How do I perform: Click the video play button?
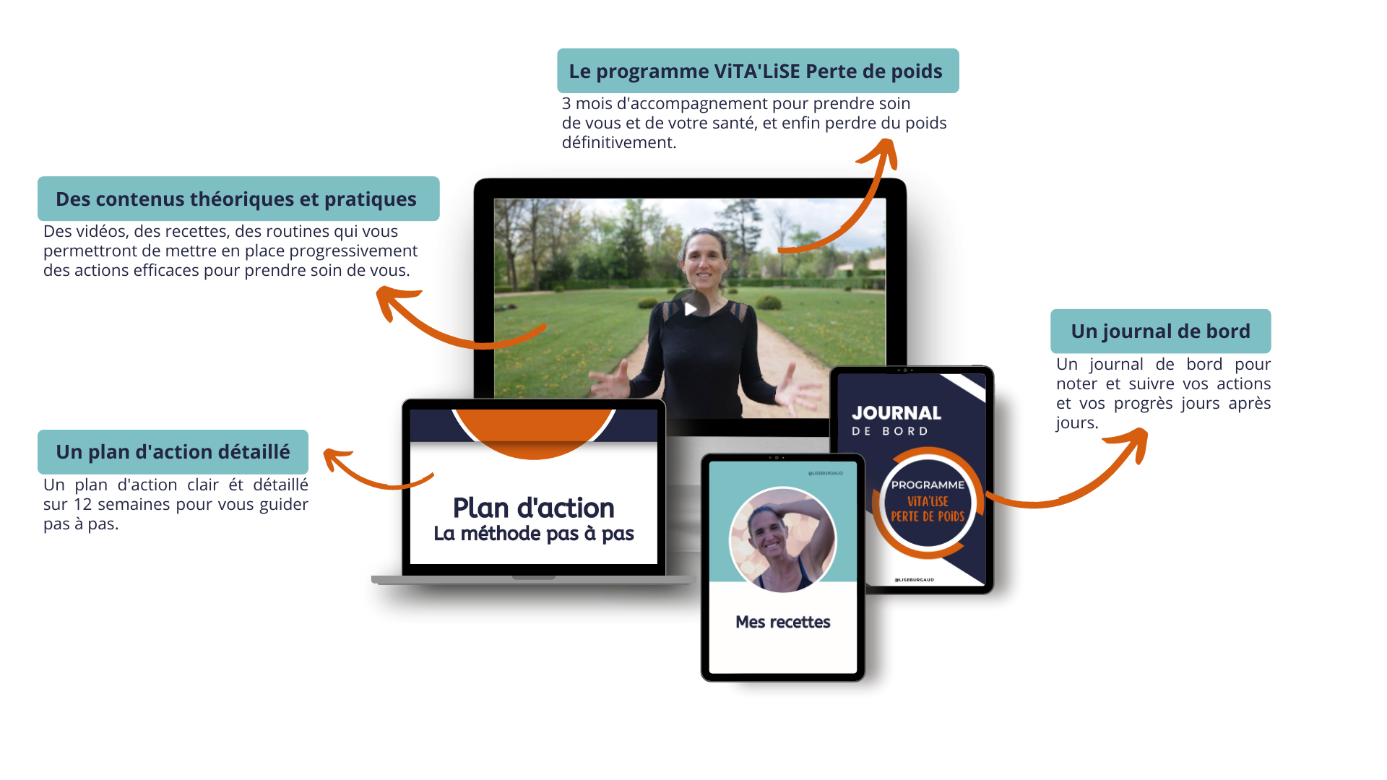[690, 309]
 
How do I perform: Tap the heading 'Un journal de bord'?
[1160, 331]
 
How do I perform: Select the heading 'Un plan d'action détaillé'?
[173, 452]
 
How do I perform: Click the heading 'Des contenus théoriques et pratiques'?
[236, 199]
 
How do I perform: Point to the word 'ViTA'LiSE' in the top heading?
[756, 71]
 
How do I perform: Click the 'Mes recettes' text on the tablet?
[782, 622]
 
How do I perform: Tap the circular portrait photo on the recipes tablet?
[782, 539]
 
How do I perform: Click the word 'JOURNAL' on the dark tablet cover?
[896, 413]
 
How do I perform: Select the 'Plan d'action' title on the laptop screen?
[533, 508]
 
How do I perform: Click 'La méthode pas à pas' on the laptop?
[533, 534]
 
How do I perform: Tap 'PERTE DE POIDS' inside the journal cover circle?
[928, 516]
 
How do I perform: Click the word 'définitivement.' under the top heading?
[619, 143]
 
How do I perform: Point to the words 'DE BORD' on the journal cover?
[889, 431]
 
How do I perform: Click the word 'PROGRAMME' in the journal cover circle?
[928, 485]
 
